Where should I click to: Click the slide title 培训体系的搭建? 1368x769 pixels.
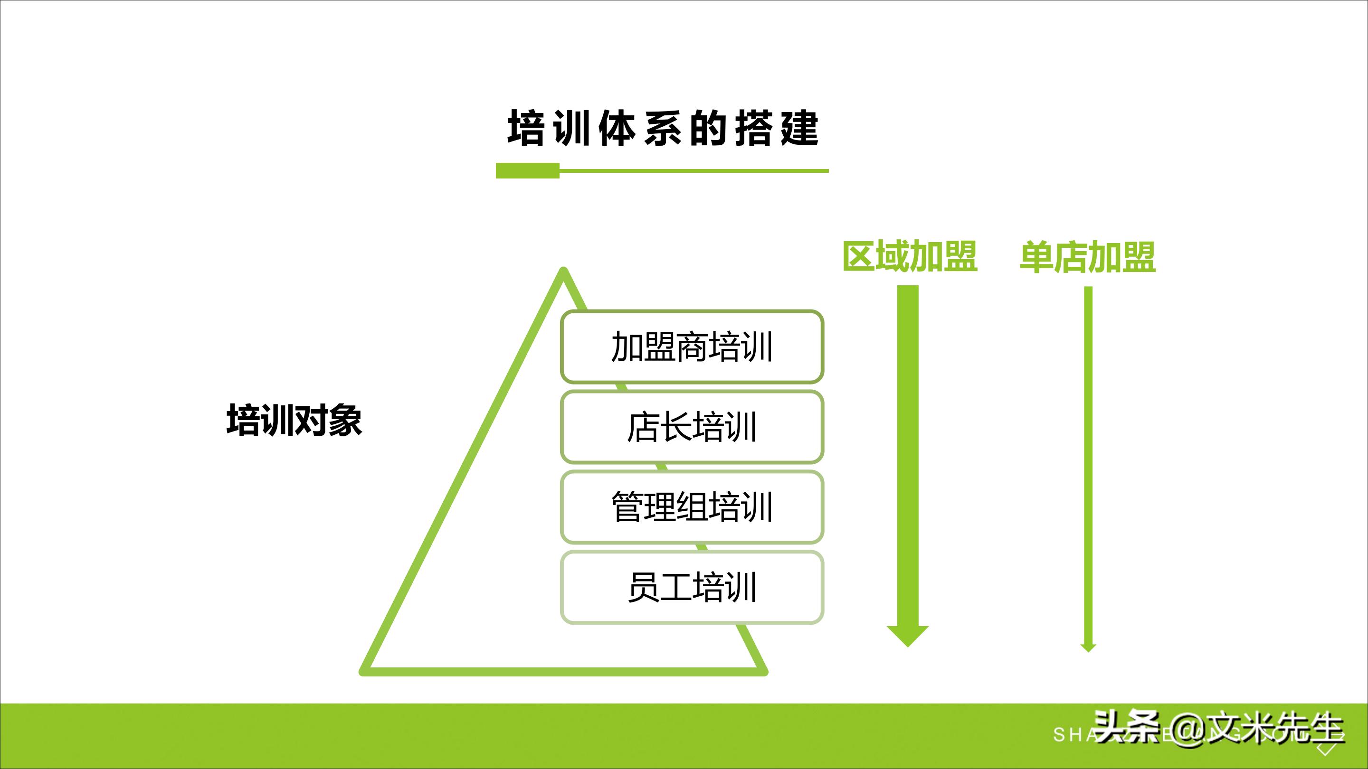click(663, 129)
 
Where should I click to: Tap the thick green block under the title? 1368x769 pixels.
click(527, 171)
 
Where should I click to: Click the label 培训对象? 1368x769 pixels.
click(294, 420)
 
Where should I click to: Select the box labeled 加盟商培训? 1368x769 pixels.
click(692, 347)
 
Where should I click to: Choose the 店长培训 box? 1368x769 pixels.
click(692, 427)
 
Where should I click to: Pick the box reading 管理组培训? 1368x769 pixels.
click(692, 507)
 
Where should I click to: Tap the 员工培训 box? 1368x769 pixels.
click(692, 588)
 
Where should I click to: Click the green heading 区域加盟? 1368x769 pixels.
click(910, 257)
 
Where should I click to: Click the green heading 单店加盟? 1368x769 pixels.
click(1088, 257)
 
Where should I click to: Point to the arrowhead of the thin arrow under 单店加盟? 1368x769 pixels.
click(1088, 647)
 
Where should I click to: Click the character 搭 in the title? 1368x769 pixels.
click(752, 129)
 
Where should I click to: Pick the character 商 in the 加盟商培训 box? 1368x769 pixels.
click(692, 347)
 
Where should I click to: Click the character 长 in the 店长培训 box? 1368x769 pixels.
click(675, 427)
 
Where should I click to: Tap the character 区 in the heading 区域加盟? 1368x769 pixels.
click(859, 257)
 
